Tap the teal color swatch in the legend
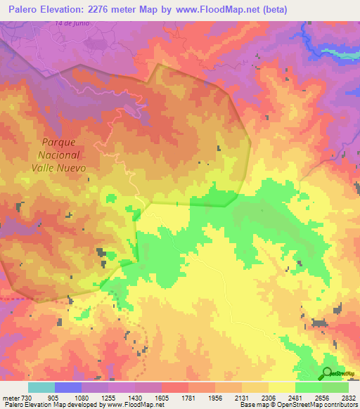pyautogui.click(x=41, y=387)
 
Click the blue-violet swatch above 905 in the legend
pyautogui.click(x=68, y=387)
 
